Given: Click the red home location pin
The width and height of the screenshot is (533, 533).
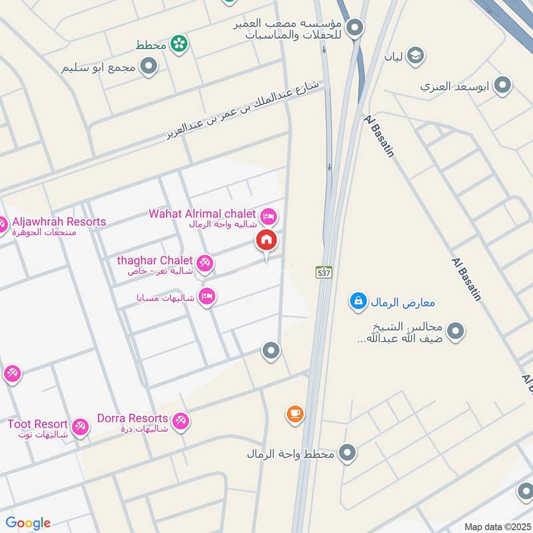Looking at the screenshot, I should pos(266,241).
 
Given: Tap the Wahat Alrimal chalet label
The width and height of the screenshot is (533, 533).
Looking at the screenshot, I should pos(202,214).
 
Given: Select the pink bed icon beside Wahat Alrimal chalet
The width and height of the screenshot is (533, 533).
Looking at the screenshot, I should pos(269,216).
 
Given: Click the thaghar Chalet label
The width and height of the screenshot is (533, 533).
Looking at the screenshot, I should pos(155,261).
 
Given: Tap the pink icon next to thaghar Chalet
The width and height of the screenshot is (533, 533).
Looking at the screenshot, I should pos(206,264).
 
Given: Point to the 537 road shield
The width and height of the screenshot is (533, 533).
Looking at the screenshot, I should pos(324,272).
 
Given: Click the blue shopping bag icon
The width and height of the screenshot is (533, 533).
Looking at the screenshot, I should pos(358,302).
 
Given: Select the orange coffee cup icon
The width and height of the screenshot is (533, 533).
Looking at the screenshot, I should pos(294,414).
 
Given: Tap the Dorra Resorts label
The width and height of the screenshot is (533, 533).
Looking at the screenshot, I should pos(133,418).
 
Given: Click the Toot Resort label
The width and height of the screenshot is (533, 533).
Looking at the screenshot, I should pos(37,424).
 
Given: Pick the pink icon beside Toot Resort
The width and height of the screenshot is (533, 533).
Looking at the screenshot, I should pos(80,427).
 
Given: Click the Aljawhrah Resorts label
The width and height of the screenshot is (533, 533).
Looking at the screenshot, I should pos(59,222).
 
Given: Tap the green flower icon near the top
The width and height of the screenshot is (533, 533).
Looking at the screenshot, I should pos(179,44).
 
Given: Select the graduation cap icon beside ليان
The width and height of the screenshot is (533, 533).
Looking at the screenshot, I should pos(416,55).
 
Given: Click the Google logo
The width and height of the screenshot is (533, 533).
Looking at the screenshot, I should pos(28,523).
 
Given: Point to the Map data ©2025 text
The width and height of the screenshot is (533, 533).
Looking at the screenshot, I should pos(496,526).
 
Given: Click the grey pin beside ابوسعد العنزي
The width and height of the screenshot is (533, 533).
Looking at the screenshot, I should pos(504,86).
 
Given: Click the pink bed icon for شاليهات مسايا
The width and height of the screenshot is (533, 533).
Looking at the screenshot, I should pos(207,296).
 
